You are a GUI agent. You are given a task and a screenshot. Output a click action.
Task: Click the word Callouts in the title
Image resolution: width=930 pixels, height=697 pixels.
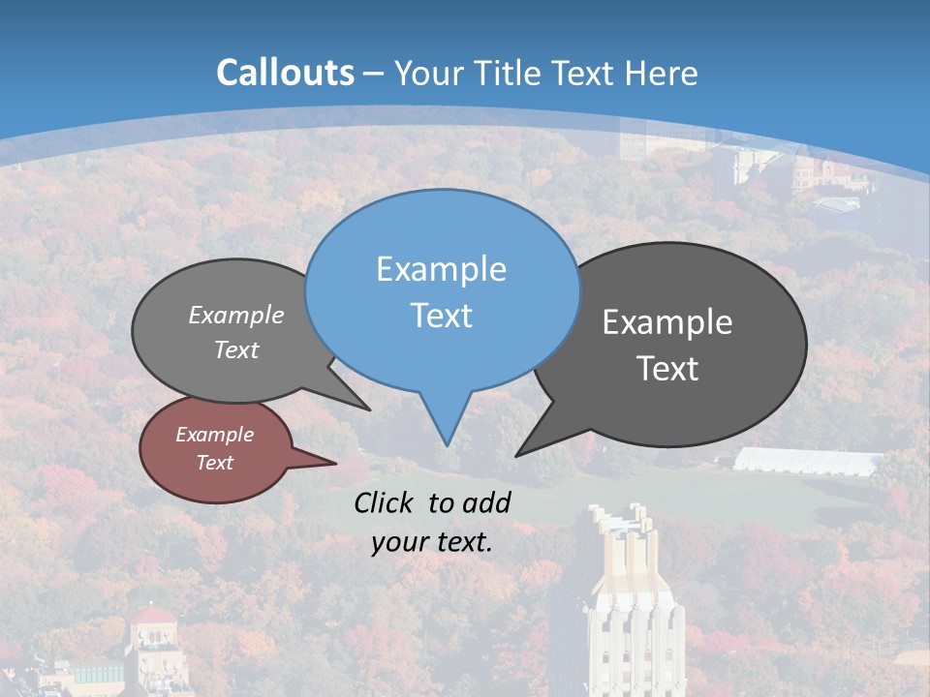286,73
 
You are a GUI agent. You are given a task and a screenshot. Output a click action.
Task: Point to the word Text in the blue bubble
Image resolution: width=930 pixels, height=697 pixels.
441,315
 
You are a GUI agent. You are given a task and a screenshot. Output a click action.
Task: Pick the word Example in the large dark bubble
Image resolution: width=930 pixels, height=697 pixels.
667,321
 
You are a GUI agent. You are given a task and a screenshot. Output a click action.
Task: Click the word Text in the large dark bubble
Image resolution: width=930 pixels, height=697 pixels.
667,368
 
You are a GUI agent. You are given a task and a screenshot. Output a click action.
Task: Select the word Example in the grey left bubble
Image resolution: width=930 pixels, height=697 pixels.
236,315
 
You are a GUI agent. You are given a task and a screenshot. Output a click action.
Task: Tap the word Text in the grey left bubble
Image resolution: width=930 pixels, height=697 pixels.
236,349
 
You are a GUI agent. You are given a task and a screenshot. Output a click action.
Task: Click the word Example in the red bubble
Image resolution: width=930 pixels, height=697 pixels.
214,435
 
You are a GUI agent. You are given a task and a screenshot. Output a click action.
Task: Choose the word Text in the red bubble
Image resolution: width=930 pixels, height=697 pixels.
214,462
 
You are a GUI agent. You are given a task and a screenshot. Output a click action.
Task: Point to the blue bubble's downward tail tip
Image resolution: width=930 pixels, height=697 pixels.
447,443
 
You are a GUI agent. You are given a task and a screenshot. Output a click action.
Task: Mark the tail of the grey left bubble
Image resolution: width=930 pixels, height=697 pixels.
365,407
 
